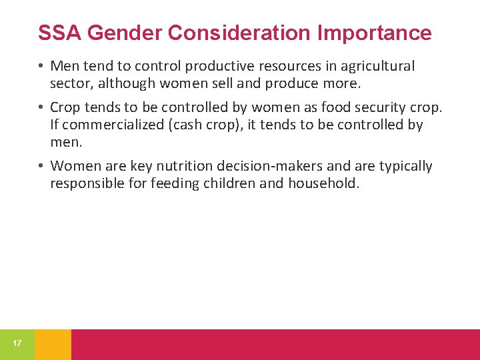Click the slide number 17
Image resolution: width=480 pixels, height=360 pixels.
[x=17, y=343]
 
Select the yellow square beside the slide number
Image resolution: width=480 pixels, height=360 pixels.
[x=53, y=344]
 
